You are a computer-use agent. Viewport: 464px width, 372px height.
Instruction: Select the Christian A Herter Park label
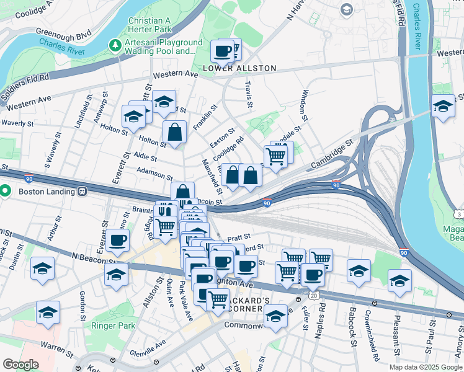coord(157,25)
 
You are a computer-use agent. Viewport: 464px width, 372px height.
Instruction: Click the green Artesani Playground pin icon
coord(114,45)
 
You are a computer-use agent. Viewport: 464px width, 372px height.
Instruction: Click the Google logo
coord(20,365)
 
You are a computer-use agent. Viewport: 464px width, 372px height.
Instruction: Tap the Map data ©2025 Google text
coord(425,367)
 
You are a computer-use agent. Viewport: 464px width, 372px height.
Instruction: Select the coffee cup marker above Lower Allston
coord(223,51)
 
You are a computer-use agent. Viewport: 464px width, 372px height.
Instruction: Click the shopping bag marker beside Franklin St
coord(175,131)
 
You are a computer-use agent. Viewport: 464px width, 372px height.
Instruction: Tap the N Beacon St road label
coord(94,257)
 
